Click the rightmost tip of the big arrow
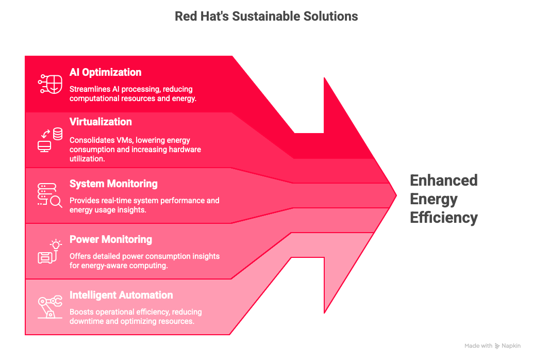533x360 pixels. pos(397,195)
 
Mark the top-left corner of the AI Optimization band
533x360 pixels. pos(25,56)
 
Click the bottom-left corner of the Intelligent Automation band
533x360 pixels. pos(25,335)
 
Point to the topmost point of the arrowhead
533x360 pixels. pos(324,77)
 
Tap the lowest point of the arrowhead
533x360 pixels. pos(325,313)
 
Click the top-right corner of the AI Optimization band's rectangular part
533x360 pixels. pos(232,56)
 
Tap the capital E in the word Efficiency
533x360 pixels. pos(415,217)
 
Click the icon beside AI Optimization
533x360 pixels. pos(50,84)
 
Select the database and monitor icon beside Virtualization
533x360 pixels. pos(50,140)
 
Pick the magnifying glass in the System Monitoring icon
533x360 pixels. pos(56,202)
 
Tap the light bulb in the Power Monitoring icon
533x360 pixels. pos(56,245)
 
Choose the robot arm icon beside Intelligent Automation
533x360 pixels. pos(50,306)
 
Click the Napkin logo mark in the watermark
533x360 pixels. pos(497,346)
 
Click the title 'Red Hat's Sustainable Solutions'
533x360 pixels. pos(266,17)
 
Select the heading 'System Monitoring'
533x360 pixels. pos(113,184)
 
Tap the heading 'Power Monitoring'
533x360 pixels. pos(111,239)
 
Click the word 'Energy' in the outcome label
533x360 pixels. pos(434,199)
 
